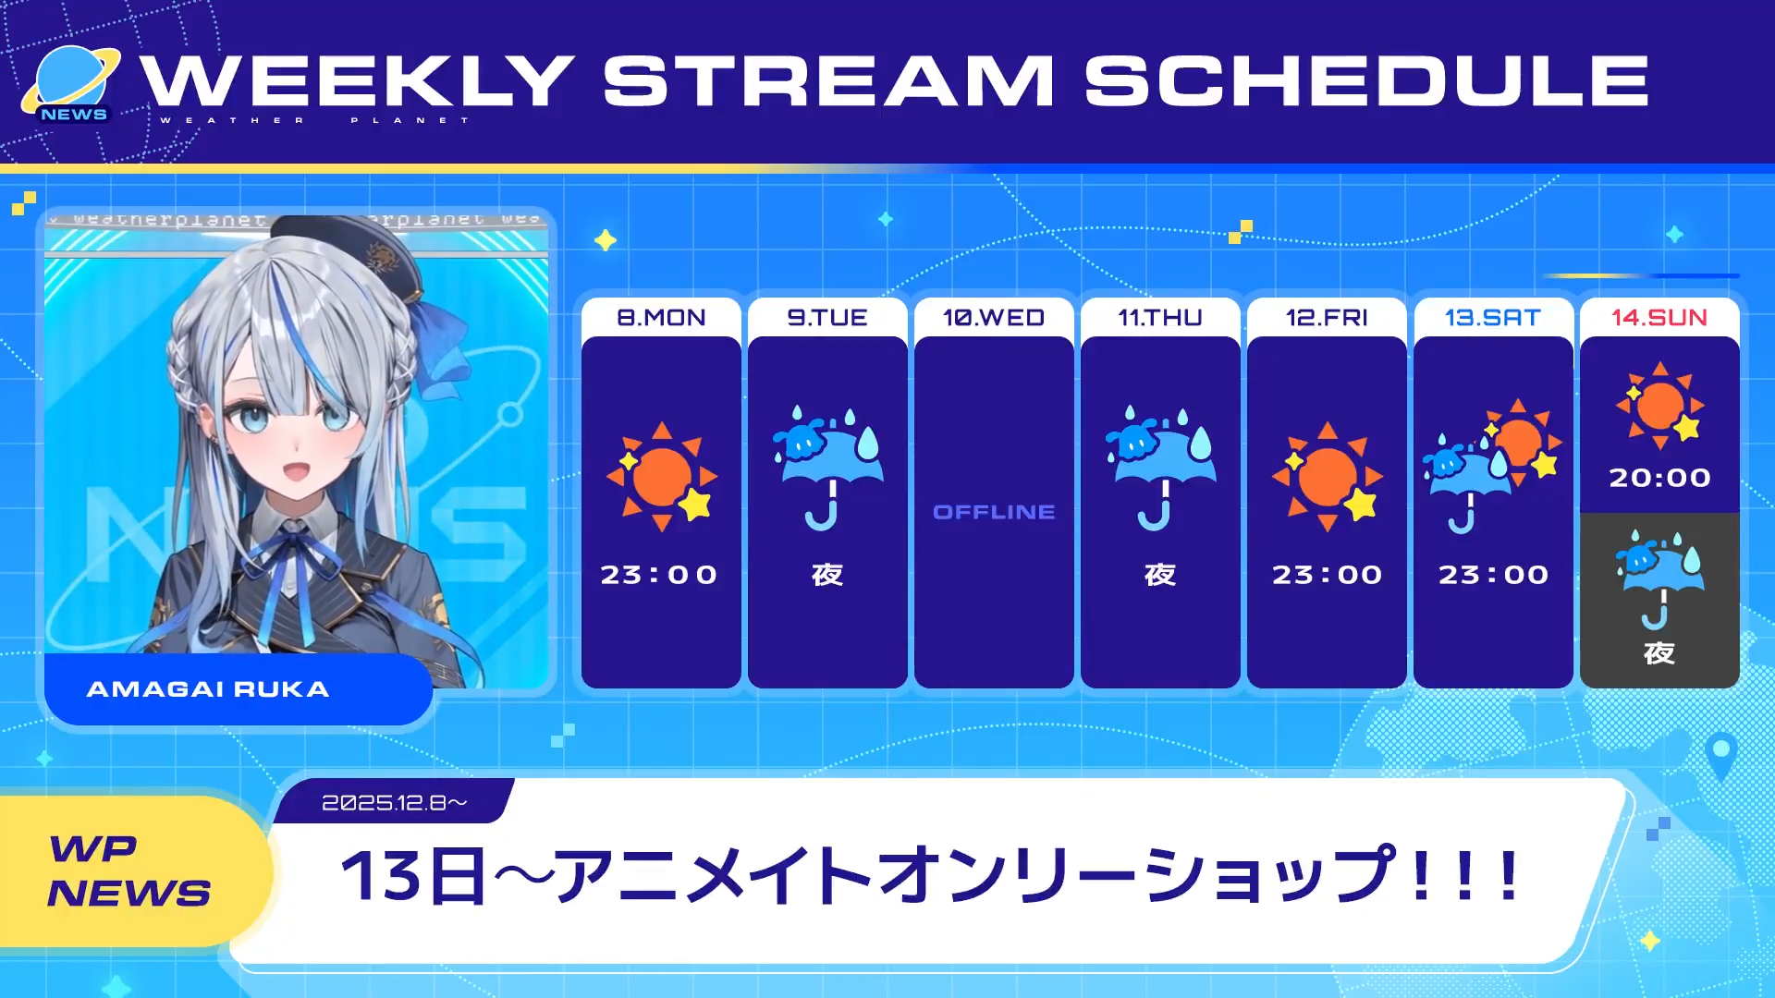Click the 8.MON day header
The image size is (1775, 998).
[661, 317]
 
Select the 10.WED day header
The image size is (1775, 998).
[994, 317]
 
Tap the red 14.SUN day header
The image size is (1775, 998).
[1659, 317]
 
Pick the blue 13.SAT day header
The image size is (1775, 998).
[1493, 317]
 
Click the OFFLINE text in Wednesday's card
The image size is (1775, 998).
[994, 512]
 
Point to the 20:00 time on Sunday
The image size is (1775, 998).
[1659, 478]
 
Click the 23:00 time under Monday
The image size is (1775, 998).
[659, 575]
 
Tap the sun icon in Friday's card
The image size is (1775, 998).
[1328, 477]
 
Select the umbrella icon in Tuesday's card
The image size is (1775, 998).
[827, 467]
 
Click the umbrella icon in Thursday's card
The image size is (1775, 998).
[1160, 467]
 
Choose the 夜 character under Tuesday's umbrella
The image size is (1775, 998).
[827, 575]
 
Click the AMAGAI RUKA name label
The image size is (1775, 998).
[208, 689]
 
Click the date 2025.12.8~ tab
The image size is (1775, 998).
[395, 802]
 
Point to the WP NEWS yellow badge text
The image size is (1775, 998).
[129, 870]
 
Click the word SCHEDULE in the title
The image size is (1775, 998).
[1366, 79]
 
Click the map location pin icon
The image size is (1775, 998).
[1720, 754]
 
